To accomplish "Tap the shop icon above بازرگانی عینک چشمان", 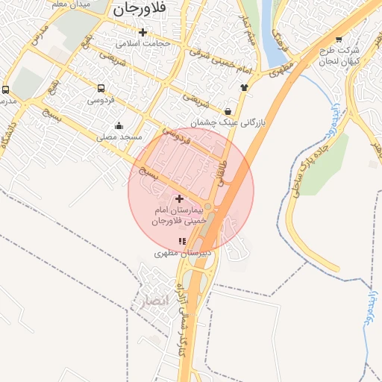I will (x=227, y=111).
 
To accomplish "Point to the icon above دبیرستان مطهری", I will (x=182, y=241).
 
